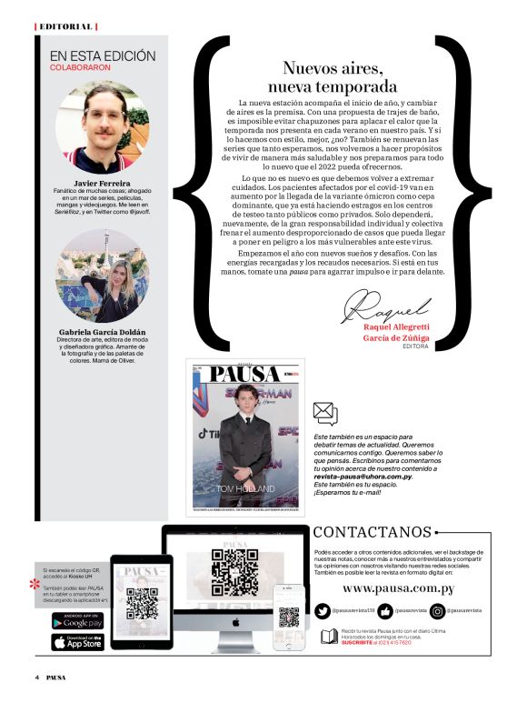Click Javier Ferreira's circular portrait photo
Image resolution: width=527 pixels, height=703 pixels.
click(102, 126)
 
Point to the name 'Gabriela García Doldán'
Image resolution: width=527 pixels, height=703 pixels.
click(102, 332)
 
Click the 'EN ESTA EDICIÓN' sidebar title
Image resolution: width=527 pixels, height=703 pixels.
click(103, 56)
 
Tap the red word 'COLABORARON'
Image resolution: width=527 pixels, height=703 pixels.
click(80, 68)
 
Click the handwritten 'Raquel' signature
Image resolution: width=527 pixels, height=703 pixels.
click(381, 305)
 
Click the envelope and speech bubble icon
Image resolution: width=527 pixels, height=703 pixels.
click(324, 414)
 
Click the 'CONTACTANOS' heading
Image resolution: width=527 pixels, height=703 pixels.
click(373, 532)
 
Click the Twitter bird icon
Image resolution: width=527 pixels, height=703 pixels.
click(323, 610)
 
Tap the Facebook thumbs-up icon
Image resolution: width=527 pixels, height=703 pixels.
click(384, 610)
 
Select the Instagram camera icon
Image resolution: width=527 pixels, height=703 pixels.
click(438, 610)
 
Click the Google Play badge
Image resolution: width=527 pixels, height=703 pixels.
click(76, 621)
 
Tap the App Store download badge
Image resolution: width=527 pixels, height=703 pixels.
click(76, 641)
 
